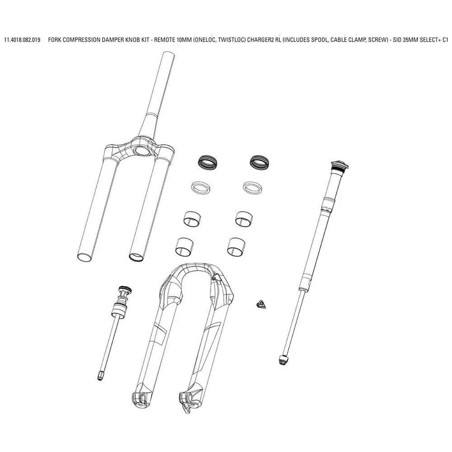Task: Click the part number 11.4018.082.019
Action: [22, 40]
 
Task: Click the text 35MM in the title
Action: [413, 40]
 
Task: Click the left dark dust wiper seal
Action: [207, 163]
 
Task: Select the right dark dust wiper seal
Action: [259, 163]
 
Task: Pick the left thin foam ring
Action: [200, 188]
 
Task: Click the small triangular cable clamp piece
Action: [260, 304]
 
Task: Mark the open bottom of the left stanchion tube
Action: [85, 258]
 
